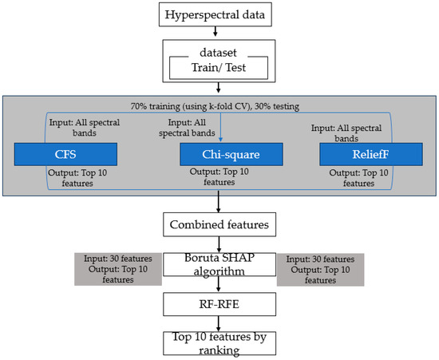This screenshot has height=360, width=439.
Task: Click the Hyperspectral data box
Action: (219, 15)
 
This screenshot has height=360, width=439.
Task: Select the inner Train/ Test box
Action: (219, 69)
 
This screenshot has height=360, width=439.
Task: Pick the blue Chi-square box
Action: (219, 153)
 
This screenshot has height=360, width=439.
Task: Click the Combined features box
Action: (219, 225)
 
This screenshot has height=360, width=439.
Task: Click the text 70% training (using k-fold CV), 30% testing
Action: (219, 105)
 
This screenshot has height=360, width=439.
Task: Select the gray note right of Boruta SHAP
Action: (321, 269)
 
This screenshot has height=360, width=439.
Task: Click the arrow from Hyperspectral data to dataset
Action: (219, 34)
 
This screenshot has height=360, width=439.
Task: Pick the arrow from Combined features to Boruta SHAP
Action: (219, 243)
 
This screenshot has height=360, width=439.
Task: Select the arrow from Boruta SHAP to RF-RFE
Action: (219, 287)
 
